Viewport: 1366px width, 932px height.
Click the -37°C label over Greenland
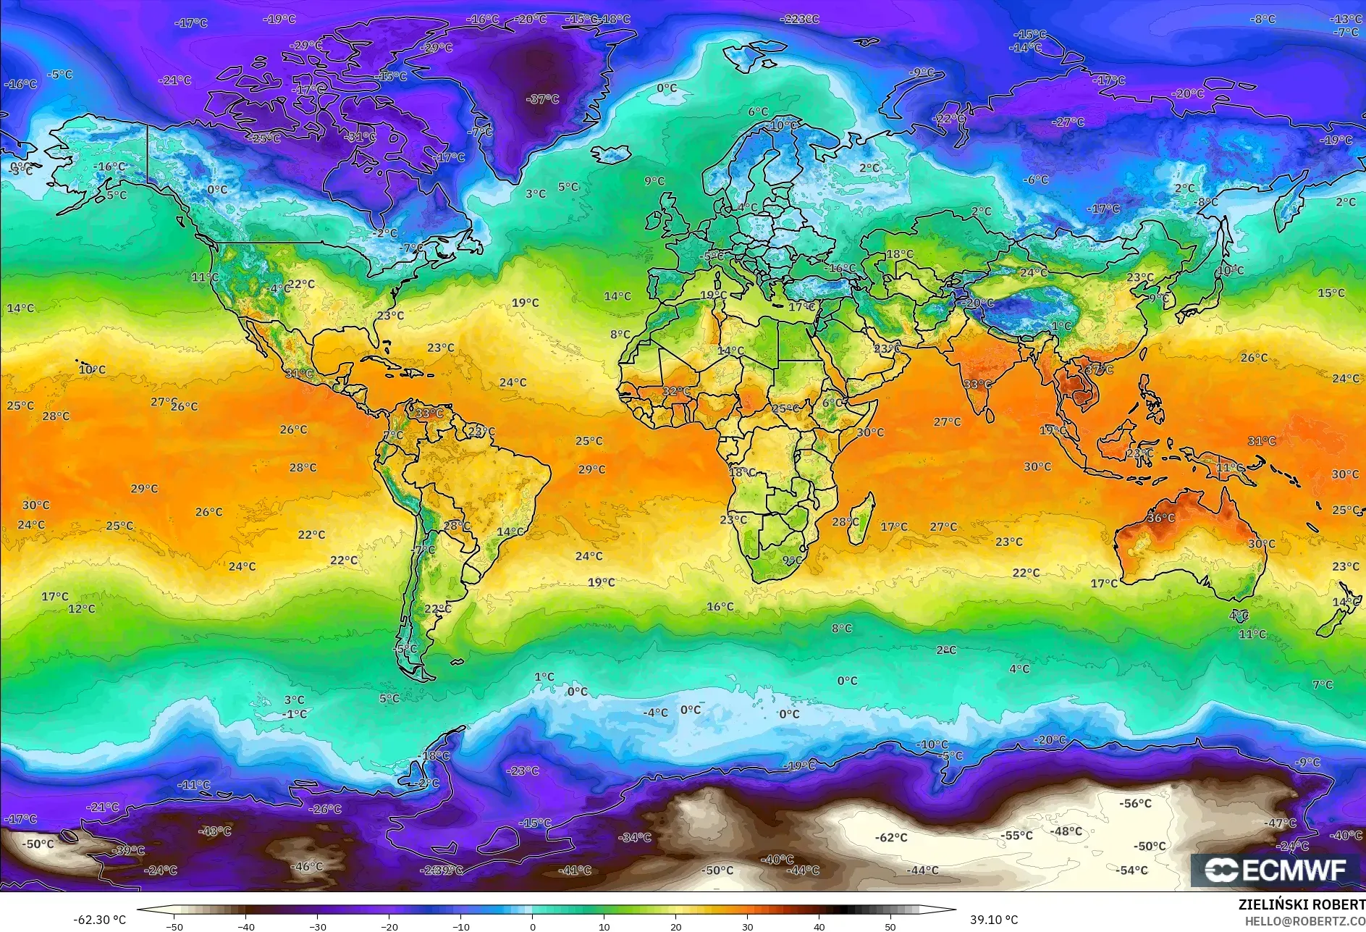543,99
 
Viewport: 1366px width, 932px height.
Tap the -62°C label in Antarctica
891,837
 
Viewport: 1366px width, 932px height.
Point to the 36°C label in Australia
1161,518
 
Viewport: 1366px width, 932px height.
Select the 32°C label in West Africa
676,391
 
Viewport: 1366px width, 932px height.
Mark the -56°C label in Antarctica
1135,803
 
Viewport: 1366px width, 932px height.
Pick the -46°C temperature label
306,866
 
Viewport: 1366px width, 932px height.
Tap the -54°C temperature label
1132,870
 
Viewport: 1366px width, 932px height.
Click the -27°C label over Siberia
1068,122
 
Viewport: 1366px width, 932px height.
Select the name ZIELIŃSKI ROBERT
1302,904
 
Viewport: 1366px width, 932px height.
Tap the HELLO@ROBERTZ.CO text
1304,920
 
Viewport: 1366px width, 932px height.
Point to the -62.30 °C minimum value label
99,920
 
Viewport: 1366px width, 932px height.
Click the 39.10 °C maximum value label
994,920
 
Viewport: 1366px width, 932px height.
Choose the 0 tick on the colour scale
533,926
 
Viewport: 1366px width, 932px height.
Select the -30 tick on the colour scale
317,926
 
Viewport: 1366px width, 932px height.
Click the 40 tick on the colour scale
819,926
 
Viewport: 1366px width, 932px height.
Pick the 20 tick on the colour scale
675,926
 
